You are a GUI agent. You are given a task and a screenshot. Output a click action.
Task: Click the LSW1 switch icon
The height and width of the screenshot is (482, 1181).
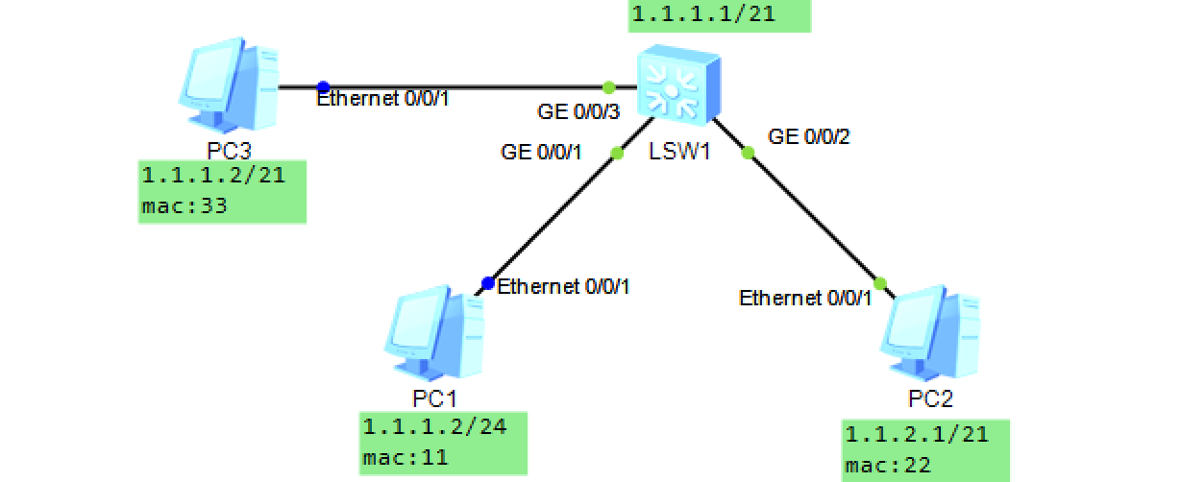[x=677, y=86]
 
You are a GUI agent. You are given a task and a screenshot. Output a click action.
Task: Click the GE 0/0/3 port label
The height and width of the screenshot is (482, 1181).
[x=577, y=112]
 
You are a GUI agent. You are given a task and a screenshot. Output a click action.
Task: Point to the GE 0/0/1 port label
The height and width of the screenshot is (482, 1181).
[x=541, y=152]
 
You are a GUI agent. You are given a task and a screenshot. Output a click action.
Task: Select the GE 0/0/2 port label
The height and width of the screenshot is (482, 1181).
[x=809, y=136]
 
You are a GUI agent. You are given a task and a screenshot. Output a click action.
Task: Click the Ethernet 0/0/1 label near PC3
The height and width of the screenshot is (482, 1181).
[x=382, y=98]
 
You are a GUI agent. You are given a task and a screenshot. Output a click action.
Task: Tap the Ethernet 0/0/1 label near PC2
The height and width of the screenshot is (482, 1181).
[x=804, y=298]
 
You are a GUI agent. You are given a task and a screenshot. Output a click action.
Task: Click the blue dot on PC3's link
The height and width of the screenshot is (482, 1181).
[x=323, y=86]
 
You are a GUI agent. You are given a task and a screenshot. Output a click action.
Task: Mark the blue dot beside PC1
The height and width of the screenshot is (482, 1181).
[x=488, y=283]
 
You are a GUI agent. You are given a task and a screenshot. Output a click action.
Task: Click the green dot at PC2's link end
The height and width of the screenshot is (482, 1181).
[x=878, y=282]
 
